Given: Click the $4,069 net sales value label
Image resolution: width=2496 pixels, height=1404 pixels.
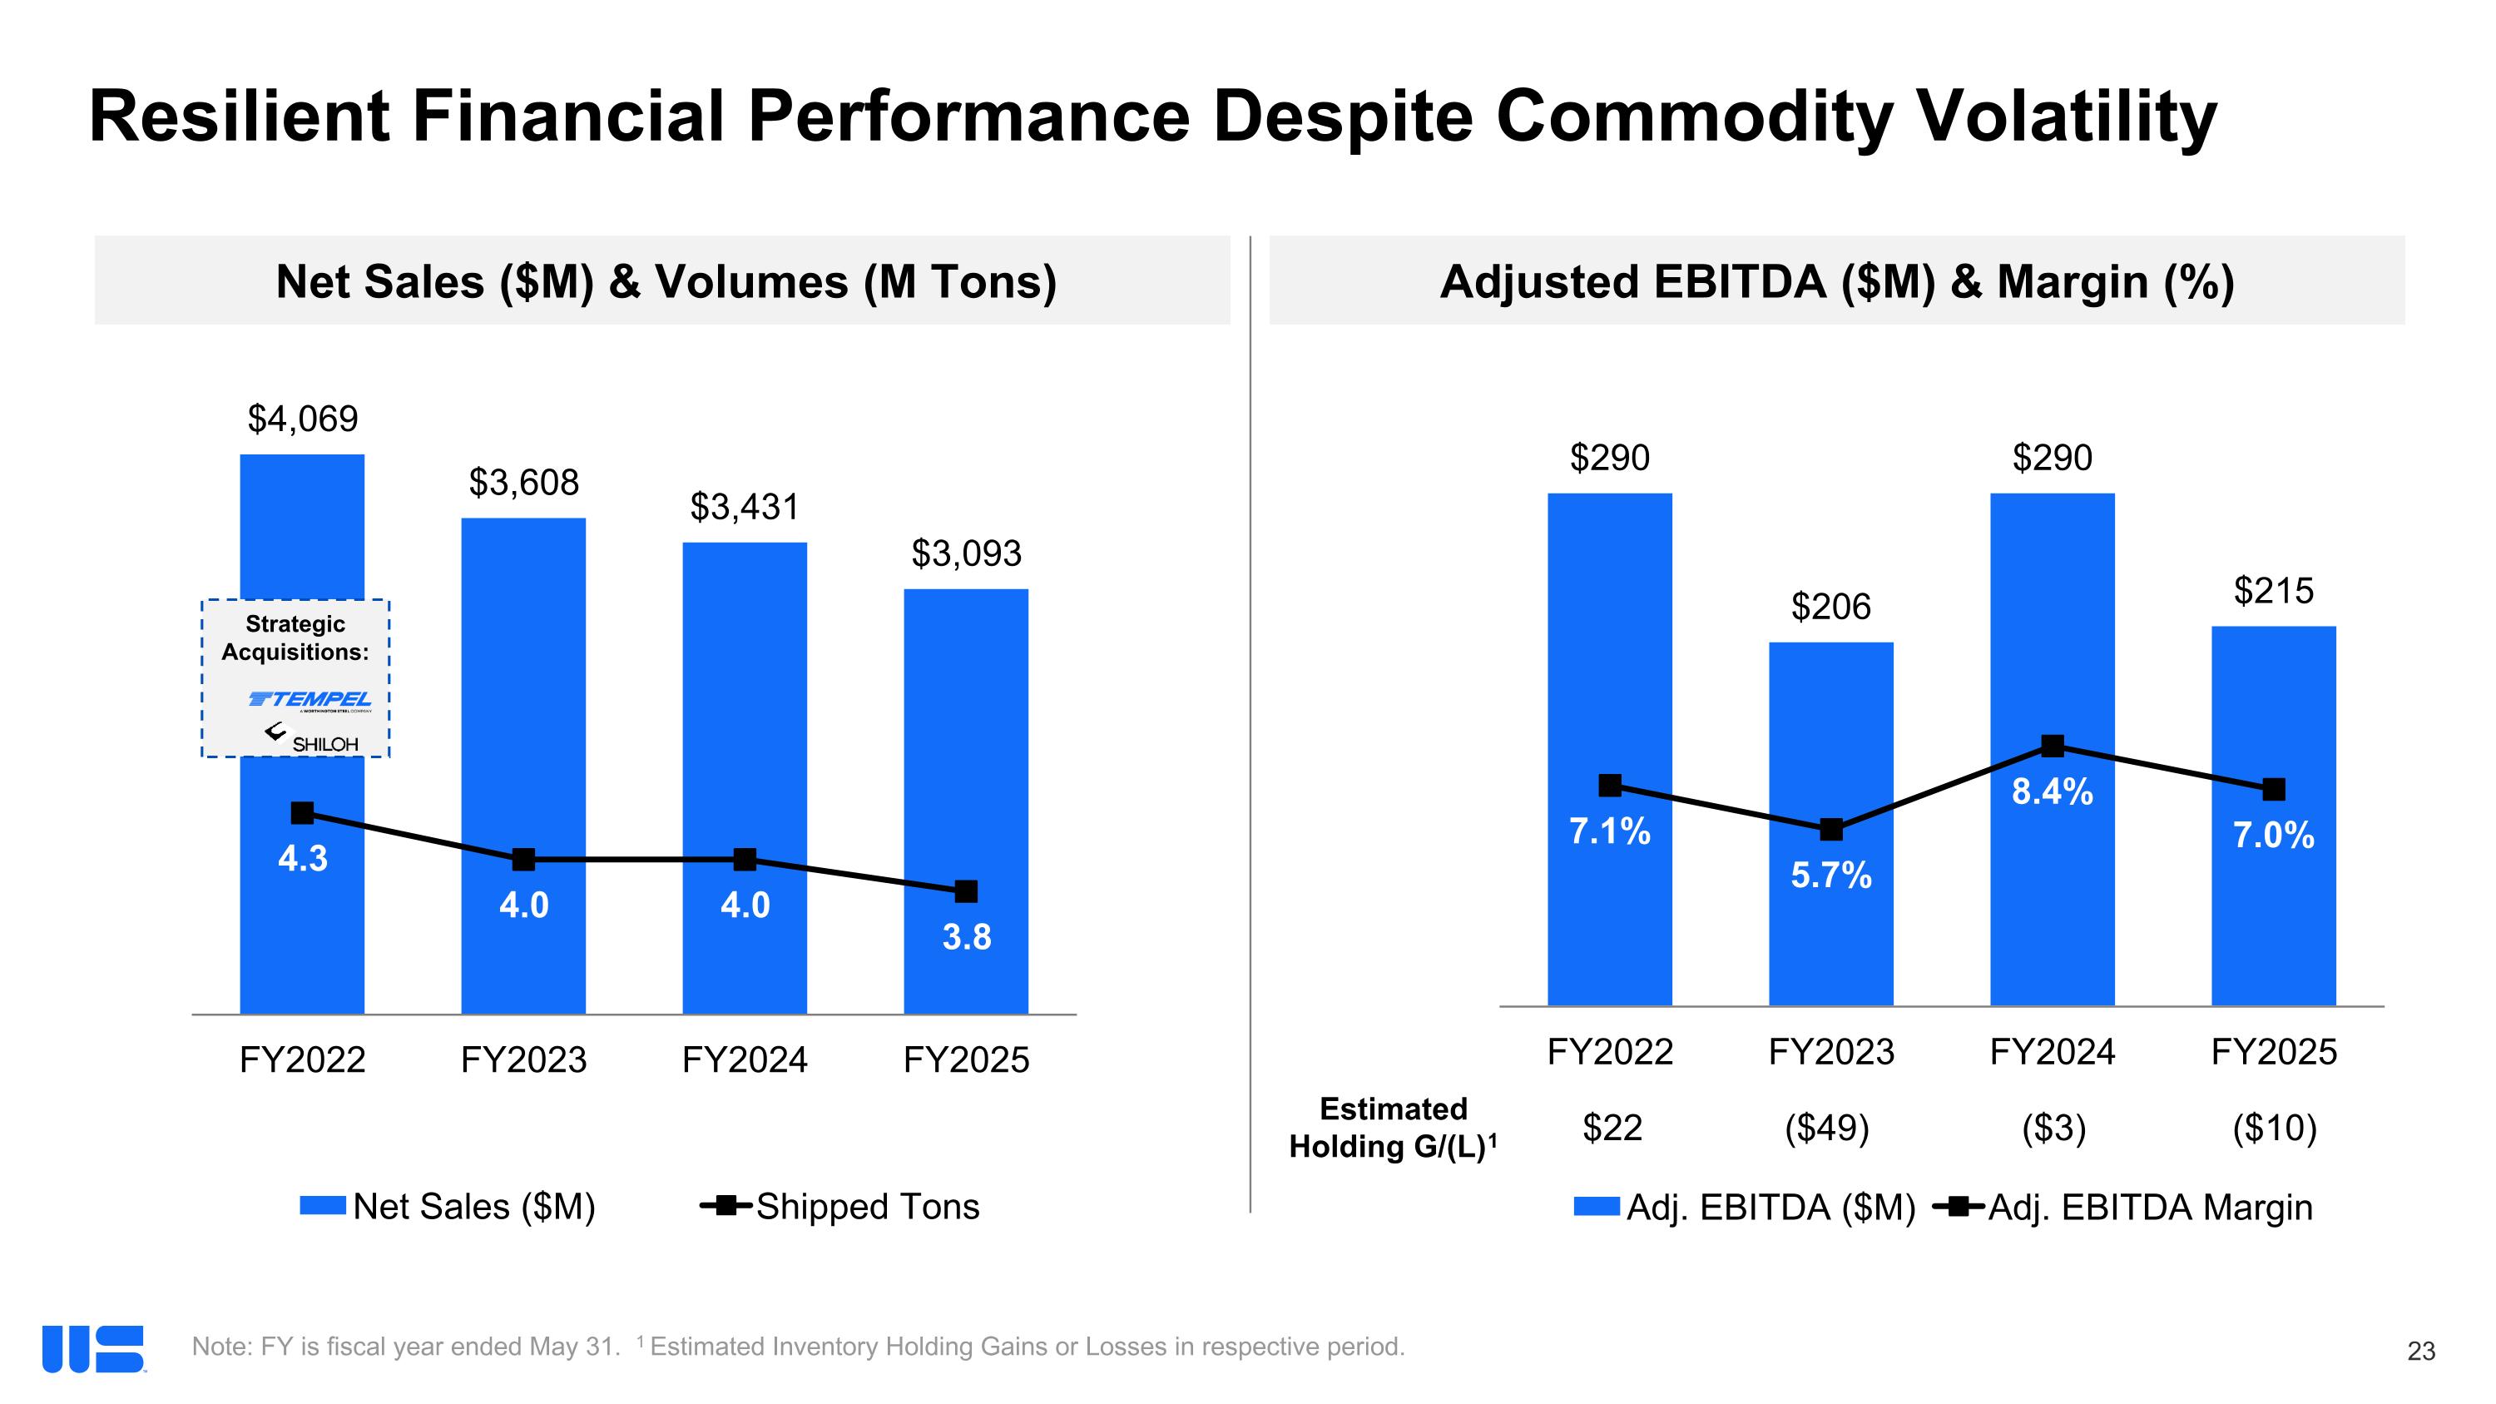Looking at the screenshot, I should [x=302, y=419].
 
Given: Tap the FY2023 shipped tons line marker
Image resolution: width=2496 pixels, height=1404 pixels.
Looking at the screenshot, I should [x=523, y=860].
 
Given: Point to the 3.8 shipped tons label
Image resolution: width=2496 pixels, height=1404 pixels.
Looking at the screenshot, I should [x=966, y=937].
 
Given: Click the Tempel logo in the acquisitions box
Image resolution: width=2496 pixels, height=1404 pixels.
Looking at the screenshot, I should [x=310, y=698].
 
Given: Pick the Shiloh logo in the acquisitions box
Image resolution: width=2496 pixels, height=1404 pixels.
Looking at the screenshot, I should [x=313, y=739].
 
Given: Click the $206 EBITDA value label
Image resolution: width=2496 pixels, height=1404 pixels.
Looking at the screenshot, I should [x=1830, y=607].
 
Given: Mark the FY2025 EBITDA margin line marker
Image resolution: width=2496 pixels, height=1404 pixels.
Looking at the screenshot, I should [x=2273, y=790].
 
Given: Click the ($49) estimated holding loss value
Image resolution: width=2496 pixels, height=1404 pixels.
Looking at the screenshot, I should [x=1826, y=1128].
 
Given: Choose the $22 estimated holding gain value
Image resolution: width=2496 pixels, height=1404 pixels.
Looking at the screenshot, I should [x=1612, y=1128].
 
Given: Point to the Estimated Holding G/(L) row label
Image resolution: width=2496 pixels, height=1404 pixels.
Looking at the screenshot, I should [x=1393, y=1128].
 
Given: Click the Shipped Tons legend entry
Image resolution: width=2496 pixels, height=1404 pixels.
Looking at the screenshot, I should [x=841, y=1206].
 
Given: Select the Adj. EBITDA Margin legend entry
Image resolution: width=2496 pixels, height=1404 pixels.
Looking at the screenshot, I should [x=2124, y=1208].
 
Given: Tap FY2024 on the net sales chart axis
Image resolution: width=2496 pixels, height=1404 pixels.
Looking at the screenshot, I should [x=744, y=1060].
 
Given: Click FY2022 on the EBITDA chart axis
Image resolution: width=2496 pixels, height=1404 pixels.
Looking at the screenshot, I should [x=1609, y=1052].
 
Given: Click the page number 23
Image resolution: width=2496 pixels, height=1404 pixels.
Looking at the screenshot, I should [x=2420, y=1351].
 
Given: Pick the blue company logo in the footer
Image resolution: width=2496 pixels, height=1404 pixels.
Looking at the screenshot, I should [x=93, y=1349].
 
